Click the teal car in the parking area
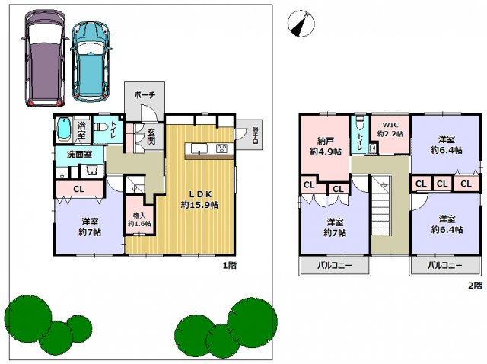pyautogui.click(x=90, y=60)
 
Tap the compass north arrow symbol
pyautogui.click(x=301, y=24)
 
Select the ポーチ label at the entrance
pyautogui.click(x=145, y=94)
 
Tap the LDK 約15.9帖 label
pyautogui.click(x=199, y=199)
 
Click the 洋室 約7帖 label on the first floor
pyautogui.click(x=91, y=227)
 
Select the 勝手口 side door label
pyautogui.click(x=255, y=134)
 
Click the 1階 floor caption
pyautogui.click(x=229, y=266)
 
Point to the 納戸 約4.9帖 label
pyautogui.click(x=323, y=145)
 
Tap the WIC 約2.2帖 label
pyautogui.click(x=390, y=129)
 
